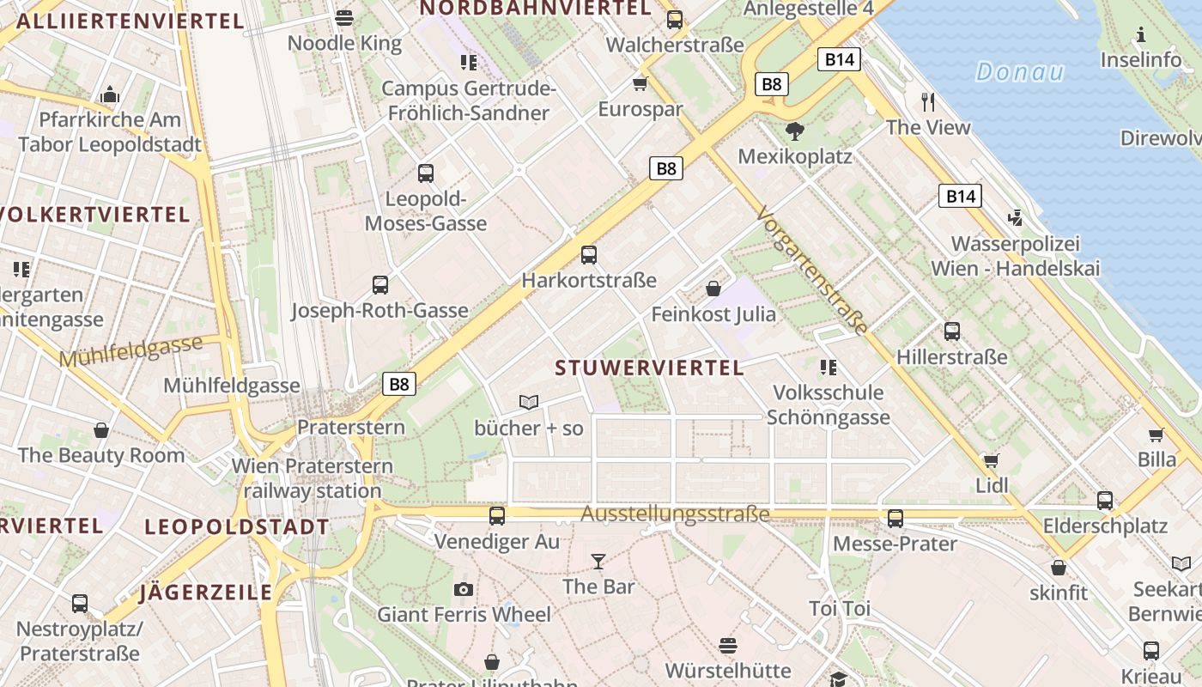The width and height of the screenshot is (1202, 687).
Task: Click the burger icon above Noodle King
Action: pyautogui.click(x=344, y=17)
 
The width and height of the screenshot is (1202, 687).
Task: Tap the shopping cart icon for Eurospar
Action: pyautogui.click(x=640, y=83)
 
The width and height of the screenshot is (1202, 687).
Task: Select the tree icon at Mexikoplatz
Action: pyautogui.click(x=795, y=131)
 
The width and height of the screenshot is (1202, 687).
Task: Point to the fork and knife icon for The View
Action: pyautogui.click(x=927, y=101)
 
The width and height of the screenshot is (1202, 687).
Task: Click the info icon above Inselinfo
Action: pyautogui.click(x=1141, y=34)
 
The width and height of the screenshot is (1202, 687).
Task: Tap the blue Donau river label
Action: pyautogui.click(x=1020, y=72)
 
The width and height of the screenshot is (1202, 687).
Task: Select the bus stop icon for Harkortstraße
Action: pyautogui.click(x=589, y=254)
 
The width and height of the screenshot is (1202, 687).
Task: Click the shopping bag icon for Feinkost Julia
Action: pyautogui.click(x=713, y=289)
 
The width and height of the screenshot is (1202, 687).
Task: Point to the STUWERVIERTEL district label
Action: pyautogui.click(x=649, y=368)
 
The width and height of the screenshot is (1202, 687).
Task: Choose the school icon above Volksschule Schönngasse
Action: pyautogui.click(x=828, y=368)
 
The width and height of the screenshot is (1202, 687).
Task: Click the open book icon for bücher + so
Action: pyautogui.click(x=529, y=402)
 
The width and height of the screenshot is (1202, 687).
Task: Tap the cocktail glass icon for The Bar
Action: pyautogui.click(x=598, y=562)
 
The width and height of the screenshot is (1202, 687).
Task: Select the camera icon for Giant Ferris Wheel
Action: pyautogui.click(x=464, y=589)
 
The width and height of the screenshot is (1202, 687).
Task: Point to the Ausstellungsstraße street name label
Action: pyautogui.click(x=675, y=514)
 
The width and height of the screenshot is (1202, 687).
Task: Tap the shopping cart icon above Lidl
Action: pyautogui.click(x=992, y=460)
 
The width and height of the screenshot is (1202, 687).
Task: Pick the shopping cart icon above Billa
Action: pyautogui.click(x=1156, y=435)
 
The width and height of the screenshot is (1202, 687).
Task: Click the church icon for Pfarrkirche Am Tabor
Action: pyautogui.click(x=110, y=94)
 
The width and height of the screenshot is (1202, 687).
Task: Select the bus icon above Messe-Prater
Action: pyautogui.click(x=895, y=519)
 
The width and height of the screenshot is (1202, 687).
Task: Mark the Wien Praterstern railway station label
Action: pyautogui.click(x=313, y=479)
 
